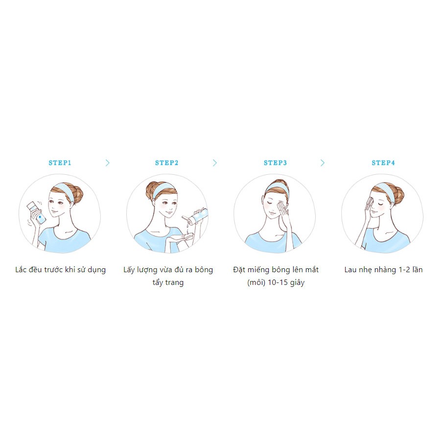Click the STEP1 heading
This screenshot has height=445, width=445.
(x=60, y=163)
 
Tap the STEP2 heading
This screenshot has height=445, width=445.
(x=167, y=163)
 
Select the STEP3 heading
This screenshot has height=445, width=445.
(x=275, y=163)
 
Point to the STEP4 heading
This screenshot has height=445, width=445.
(x=383, y=163)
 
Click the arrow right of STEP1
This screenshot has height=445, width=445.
(x=108, y=163)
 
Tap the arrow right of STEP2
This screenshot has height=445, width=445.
(x=215, y=163)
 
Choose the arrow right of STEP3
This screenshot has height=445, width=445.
(x=323, y=163)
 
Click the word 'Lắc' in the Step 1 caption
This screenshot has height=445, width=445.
(x=22, y=270)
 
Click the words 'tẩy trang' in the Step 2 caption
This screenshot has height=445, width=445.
(x=168, y=282)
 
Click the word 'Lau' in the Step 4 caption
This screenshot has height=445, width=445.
(x=351, y=270)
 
